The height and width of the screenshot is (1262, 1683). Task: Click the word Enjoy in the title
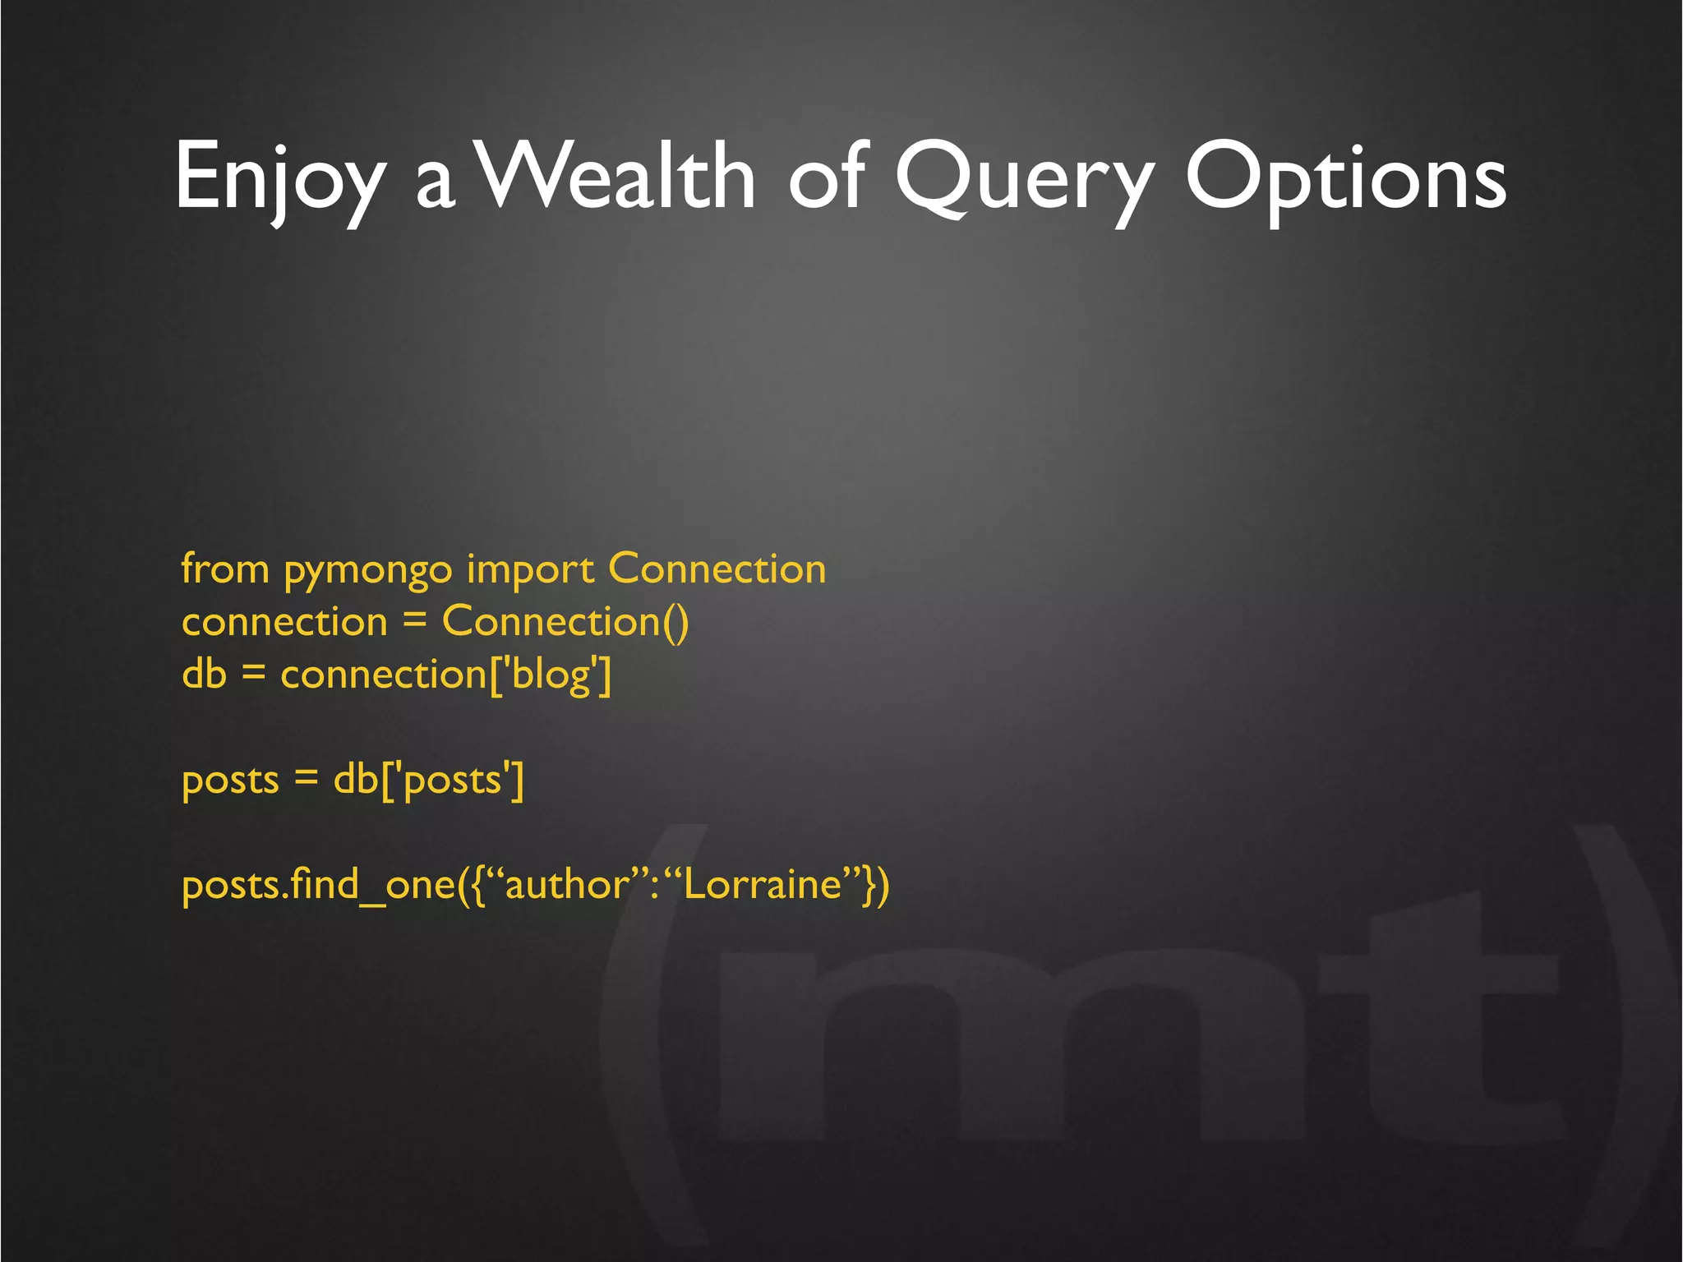coord(279,177)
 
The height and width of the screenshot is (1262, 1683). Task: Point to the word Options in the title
coord(1345,177)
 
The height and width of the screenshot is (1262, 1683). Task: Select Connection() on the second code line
coord(565,622)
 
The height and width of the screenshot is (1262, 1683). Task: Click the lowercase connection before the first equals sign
coord(284,623)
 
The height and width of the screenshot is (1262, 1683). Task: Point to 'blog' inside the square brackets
coord(551,676)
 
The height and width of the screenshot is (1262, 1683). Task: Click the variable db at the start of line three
coord(204,675)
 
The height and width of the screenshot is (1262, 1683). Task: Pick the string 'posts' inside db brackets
coord(453,780)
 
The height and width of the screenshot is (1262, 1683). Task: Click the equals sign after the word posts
coord(306,779)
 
